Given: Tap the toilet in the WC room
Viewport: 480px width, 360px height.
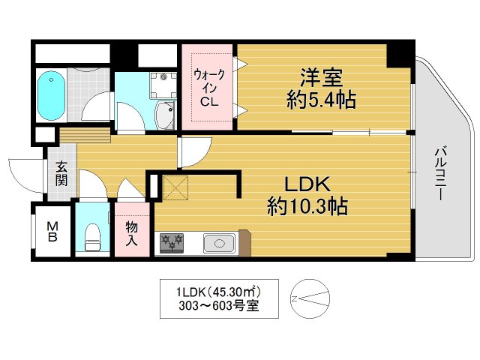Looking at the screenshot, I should [x=93, y=236].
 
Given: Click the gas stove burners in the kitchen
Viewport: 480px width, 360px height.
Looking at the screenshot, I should [x=170, y=242].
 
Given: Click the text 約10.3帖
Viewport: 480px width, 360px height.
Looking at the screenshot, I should [x=307, y=206].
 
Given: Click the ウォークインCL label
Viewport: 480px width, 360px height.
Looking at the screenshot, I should [x=206, y=88].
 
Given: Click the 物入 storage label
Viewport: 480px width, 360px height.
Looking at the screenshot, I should [x=132, y=233].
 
